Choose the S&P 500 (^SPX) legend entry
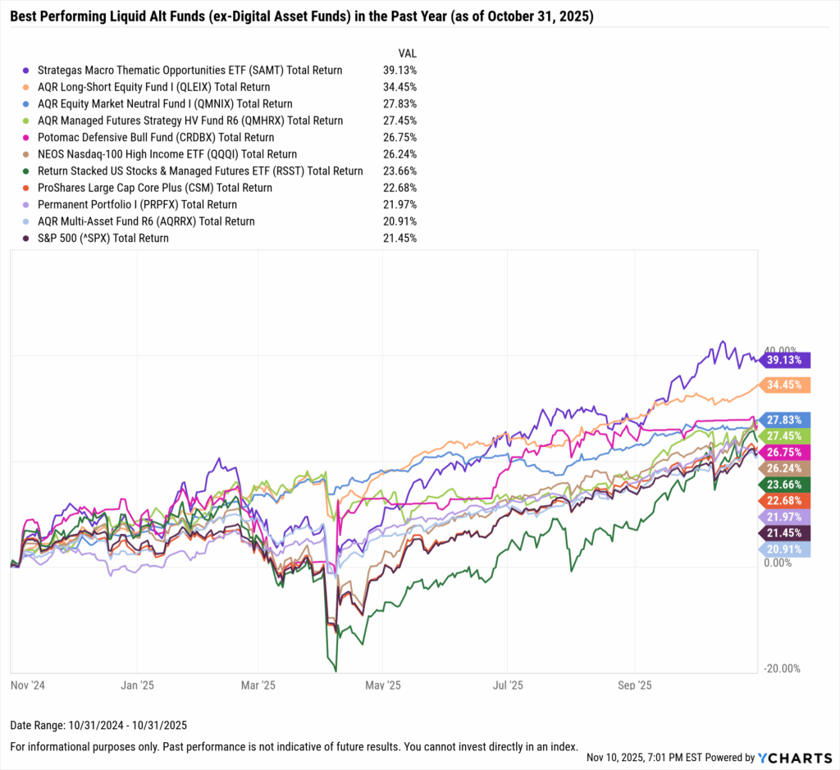pyautogui.click(x=103, y=238)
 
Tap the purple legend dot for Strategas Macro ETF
pyautogui.click(x=28, y=71)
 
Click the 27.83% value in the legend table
pyautogui.click(x=400, y=104)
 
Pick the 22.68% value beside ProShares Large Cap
pyautogui.click(x=400, y=188)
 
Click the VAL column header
pyautogui.click(x=407, y=53)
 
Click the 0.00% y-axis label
pyautogui.click(x=778, y=563)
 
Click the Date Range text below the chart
pyautogui.click(x=98, y=725)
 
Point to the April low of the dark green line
pyautogui.click(x=336, y=670)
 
